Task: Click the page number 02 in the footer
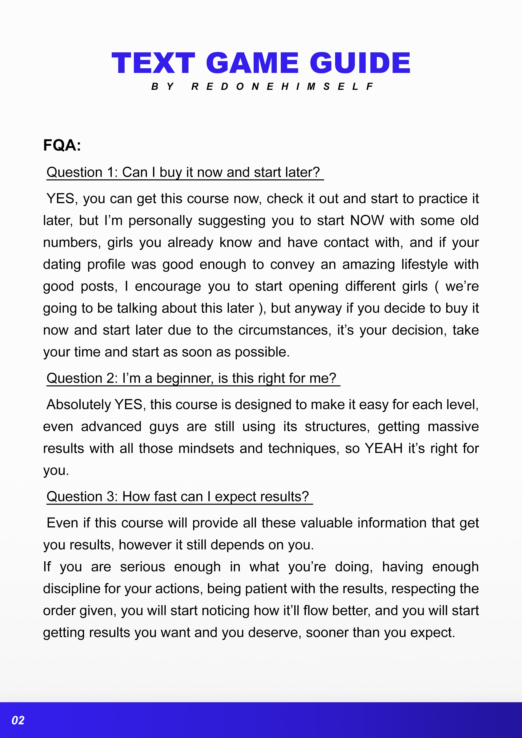[x=18, y=720]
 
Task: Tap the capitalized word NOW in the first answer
[x=367, y=220]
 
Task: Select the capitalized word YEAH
[x=384, y=448]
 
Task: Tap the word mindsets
[x=206, y=448]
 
